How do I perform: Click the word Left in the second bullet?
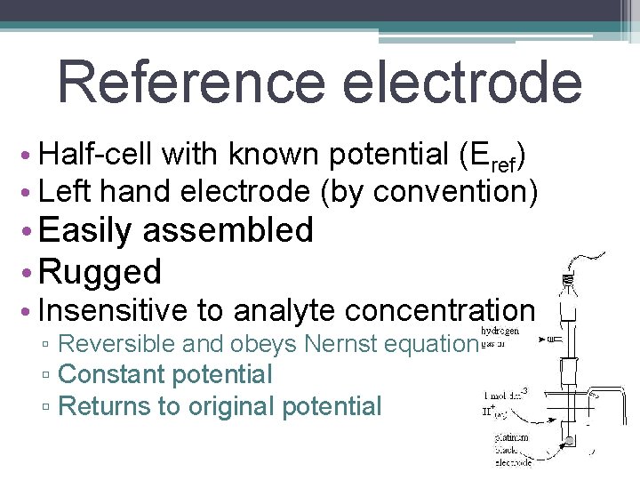point(61,190)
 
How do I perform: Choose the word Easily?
point(85,230)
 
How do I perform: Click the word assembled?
point(228,230)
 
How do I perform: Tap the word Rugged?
point(100,271)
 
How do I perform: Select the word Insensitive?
point(114,310)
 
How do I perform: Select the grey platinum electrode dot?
point(568,440)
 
